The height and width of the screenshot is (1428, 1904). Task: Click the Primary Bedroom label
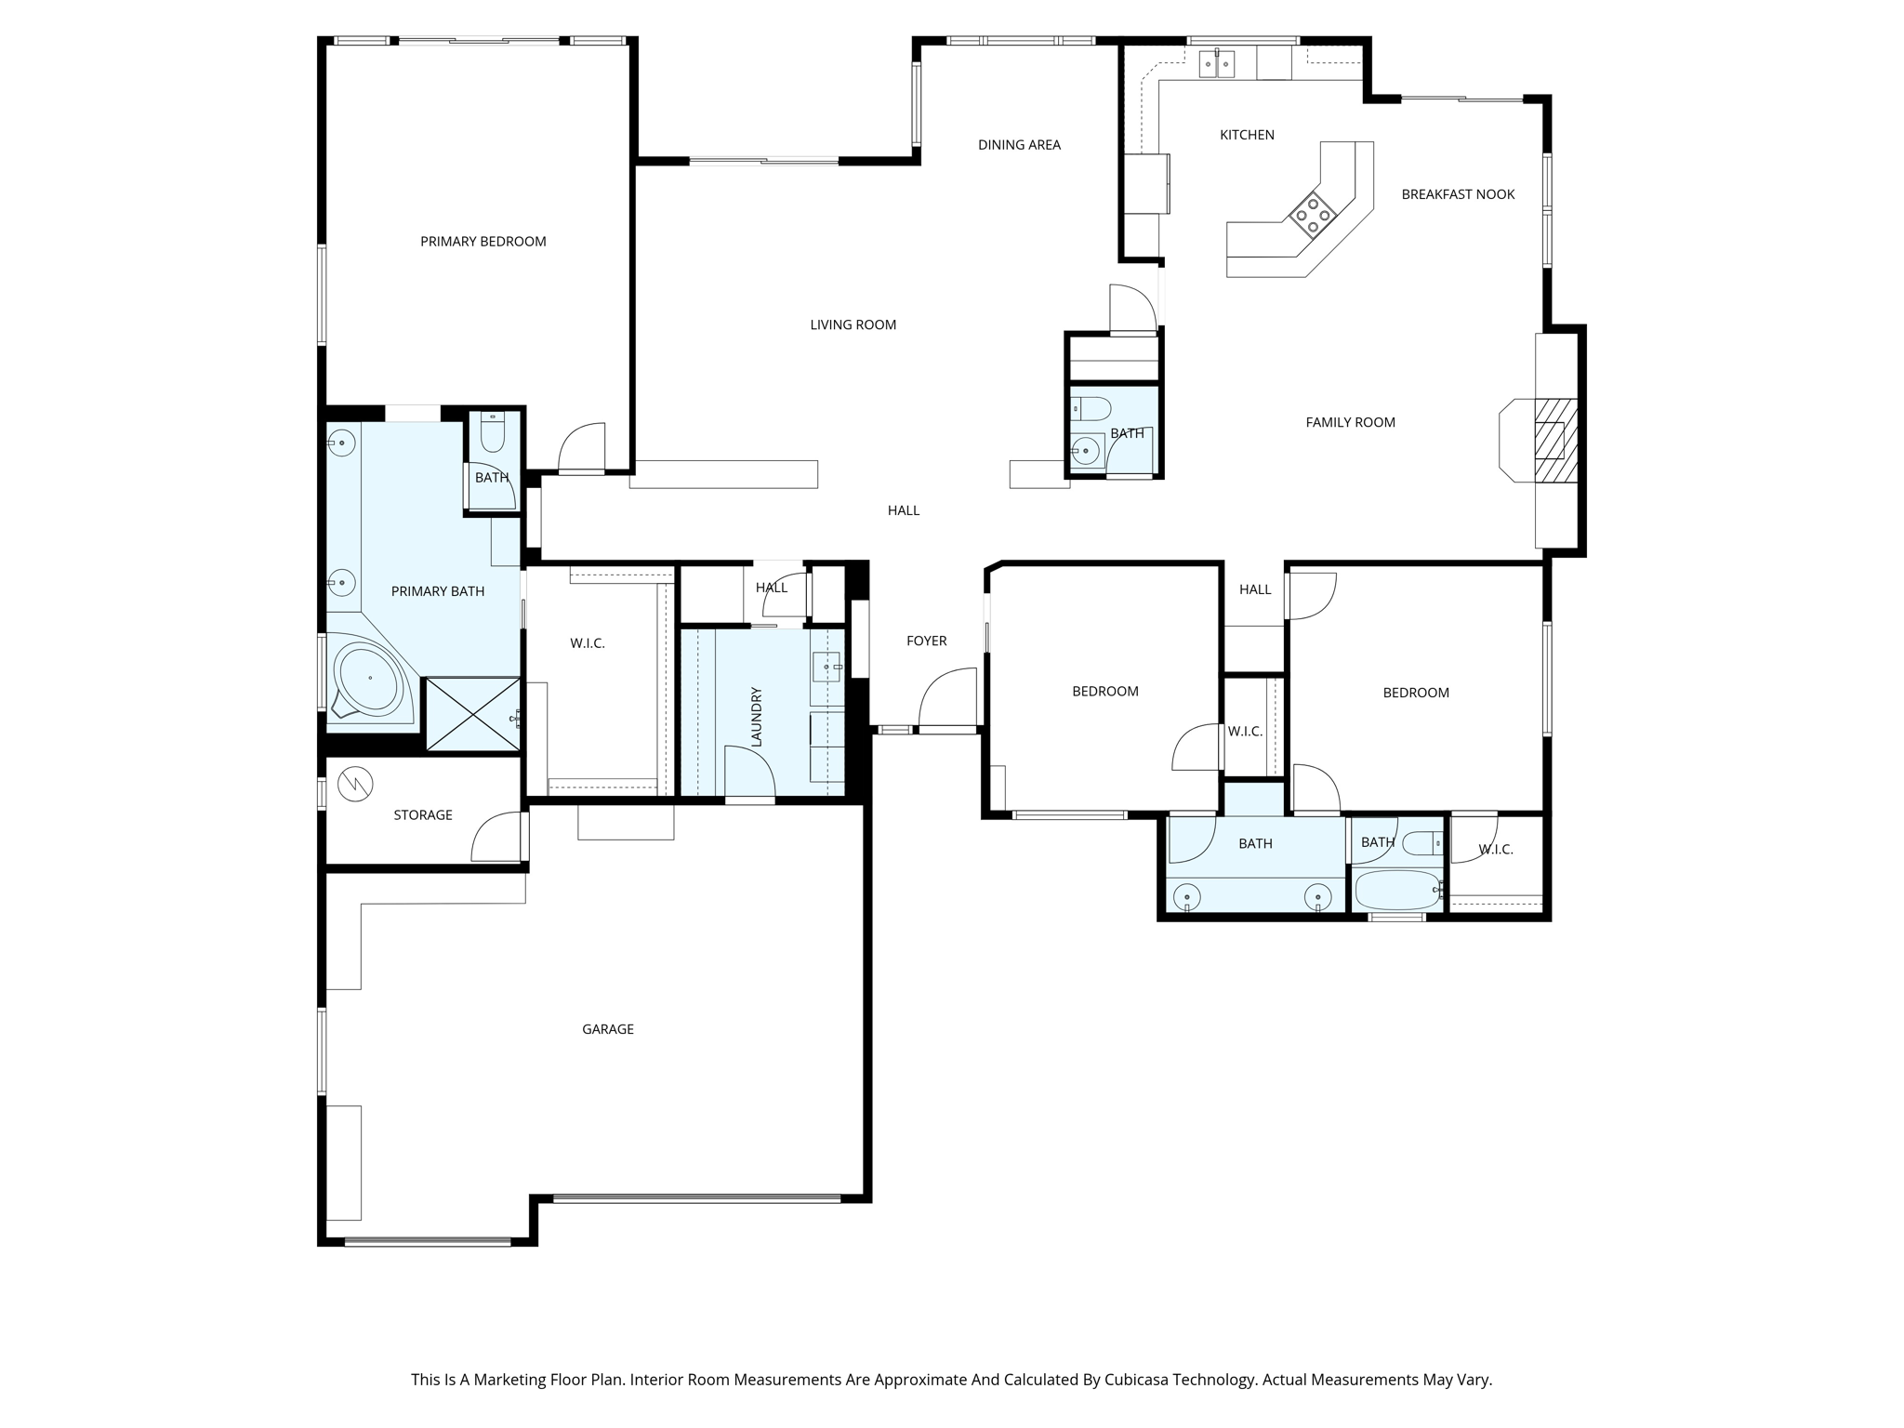point(483,242)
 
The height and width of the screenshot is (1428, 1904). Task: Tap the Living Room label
point(853,324)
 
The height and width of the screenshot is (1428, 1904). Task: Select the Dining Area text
point(1019,145)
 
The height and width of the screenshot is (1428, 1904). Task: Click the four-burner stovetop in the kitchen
point(1313,214)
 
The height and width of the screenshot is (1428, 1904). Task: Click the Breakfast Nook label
point(1458,194)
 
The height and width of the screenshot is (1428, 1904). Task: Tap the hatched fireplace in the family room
point(1555,441)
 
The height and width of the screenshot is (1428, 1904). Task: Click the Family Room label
point(1350,422)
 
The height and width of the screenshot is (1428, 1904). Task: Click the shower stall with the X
point(472,714)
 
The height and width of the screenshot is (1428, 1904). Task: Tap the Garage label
point(608,1029)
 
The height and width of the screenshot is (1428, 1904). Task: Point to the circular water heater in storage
point(355,785)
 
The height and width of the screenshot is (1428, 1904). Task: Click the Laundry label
point(756,717)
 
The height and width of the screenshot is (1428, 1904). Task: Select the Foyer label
point(926,641)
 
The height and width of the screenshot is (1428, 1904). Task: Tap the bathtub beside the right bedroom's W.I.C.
point(1397,891)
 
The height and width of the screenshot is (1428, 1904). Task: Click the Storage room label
point(423,815)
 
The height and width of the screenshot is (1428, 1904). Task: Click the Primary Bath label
point(438,591)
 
